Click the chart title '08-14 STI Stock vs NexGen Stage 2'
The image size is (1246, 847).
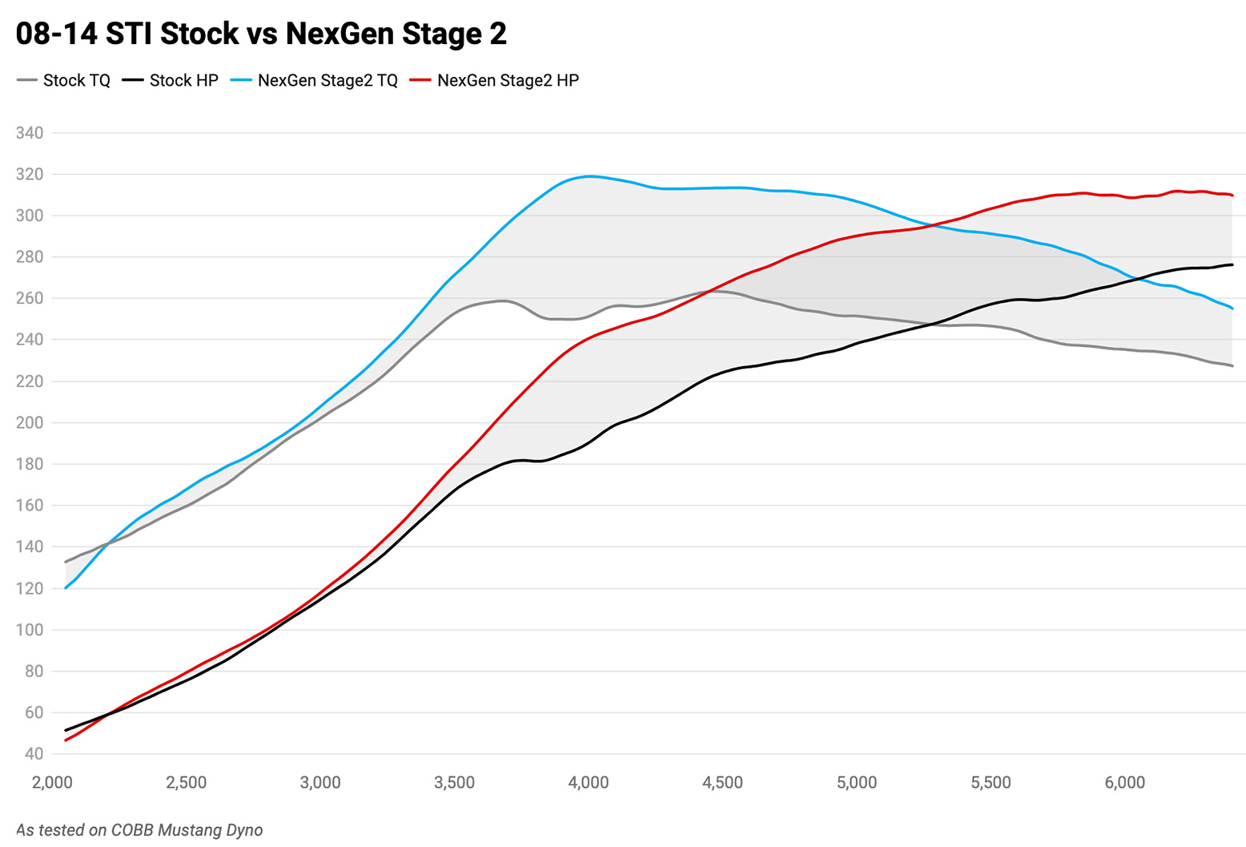[x=261, y=34]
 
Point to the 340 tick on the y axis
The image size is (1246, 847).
[x=30, y=133]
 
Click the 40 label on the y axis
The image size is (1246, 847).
[x=34, y=754]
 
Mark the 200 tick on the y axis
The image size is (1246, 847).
[x=30, y=422]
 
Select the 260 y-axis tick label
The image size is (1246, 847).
[x=30, y=298]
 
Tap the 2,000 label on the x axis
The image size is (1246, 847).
[x=52, y=783]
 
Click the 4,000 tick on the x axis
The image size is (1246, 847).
[x=589, y=783]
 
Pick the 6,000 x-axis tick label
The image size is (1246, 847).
[x=1125, y=783]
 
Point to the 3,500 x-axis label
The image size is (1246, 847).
[x=454, y=783]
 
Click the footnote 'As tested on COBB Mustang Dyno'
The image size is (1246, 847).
[x=139, y=830]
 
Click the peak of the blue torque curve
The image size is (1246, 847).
[x=590, y=176]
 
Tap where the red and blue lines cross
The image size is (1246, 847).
[x=934, y=225]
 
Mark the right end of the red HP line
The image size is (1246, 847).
[x=1232, y=195]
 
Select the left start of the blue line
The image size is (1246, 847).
[x=66, y=588]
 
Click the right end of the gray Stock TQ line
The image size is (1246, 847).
[x=1232, y=366]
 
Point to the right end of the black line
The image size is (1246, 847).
[x=1232, y=264]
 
